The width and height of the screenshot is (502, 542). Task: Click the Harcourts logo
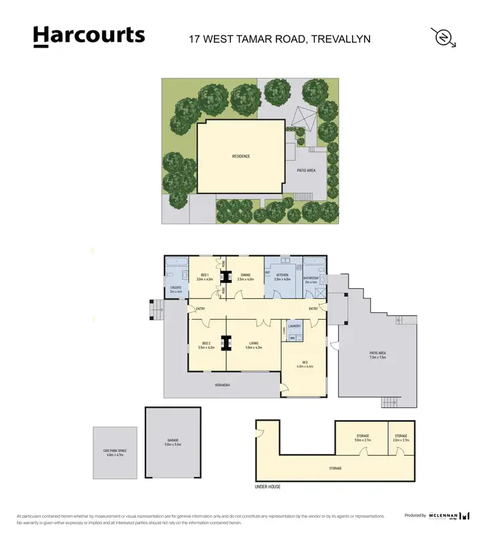89,36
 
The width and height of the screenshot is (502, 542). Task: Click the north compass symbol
441,38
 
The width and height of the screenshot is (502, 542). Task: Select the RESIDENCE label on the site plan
241,156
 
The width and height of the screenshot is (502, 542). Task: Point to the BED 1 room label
206,275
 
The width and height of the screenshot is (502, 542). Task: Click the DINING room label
246,275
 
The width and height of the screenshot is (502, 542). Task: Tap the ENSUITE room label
176,288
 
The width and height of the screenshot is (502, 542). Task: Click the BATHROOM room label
311,277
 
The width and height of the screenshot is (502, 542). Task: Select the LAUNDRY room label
295,326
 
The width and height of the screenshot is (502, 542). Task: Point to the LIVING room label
254,343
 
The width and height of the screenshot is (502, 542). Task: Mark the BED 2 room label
206,343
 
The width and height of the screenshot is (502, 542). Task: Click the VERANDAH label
223,385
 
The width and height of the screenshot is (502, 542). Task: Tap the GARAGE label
173,440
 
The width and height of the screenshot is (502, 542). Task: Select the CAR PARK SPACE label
116,451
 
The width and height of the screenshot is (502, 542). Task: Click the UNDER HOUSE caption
268,487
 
